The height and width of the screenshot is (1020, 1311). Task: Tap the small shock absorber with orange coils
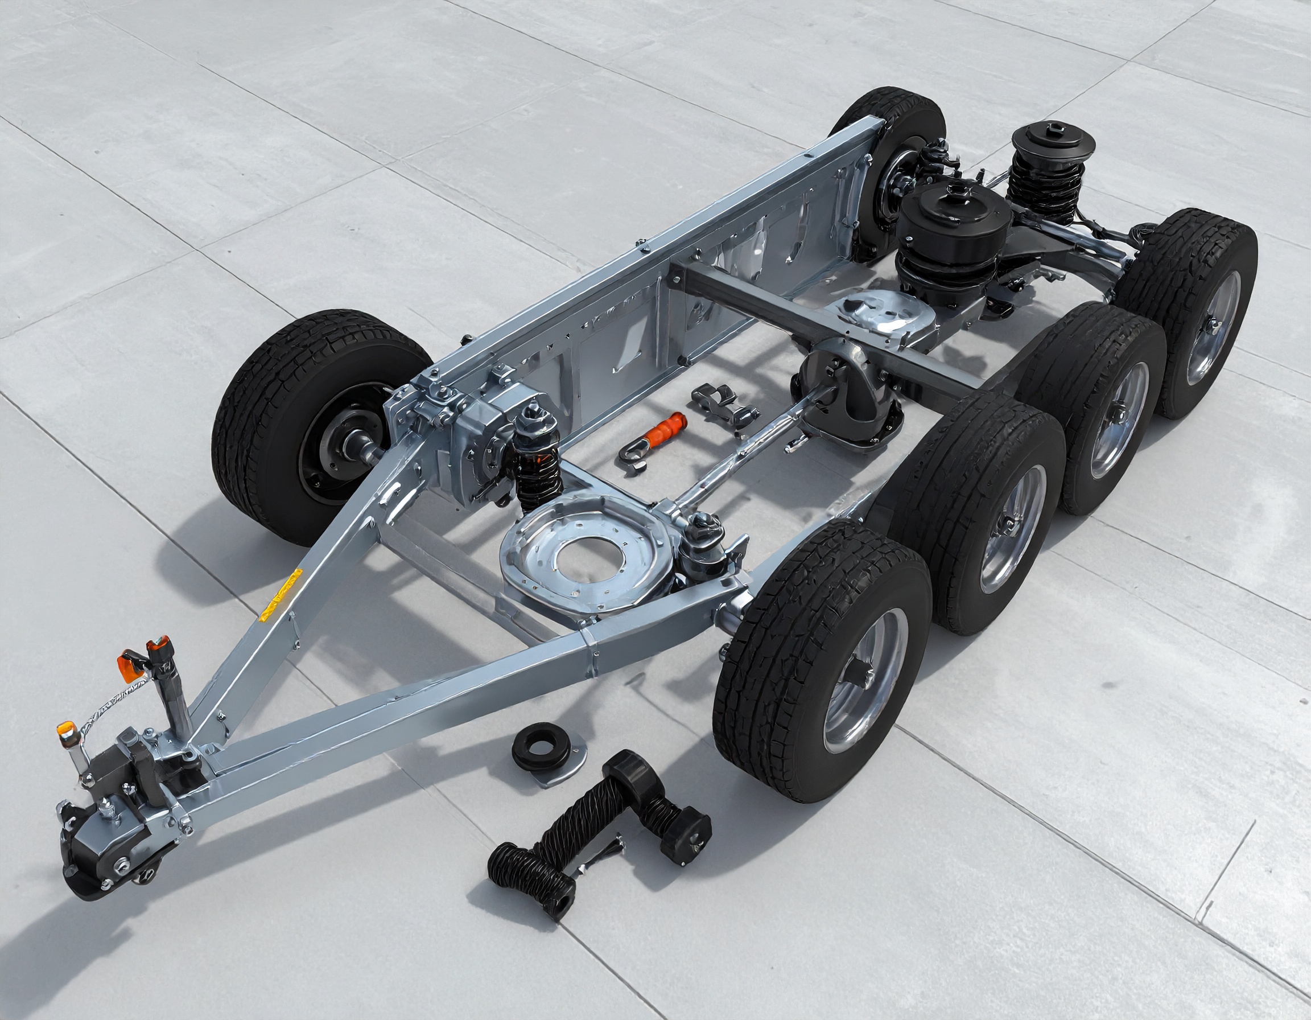(x=537, y=456)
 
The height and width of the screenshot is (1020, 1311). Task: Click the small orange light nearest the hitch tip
(x=65, y=731)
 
